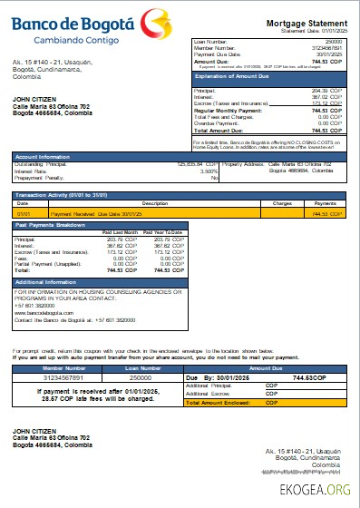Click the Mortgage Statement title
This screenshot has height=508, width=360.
click(306, 23)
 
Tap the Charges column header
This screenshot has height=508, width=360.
click(282, 204)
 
